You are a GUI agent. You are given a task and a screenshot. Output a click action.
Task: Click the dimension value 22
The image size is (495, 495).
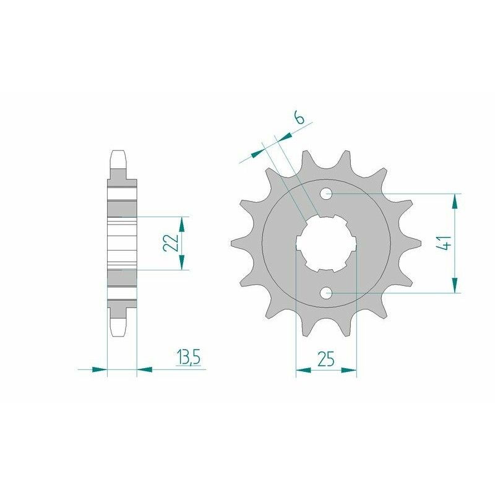pos(171,243)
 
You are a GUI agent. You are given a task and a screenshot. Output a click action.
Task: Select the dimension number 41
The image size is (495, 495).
pos(443,243)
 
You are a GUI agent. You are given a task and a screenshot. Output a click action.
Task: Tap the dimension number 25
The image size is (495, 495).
pos(326,358)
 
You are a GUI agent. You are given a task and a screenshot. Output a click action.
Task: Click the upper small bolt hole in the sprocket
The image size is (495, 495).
pos(327,194)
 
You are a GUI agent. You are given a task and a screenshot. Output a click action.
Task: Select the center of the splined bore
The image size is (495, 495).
pos(327,243)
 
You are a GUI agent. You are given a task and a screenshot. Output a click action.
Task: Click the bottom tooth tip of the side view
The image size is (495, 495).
pos(119,331)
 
